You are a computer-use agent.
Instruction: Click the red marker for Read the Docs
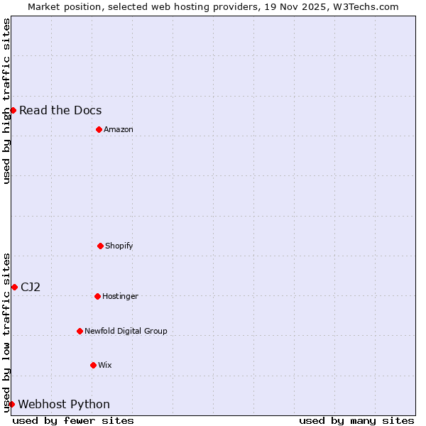pos(13,110)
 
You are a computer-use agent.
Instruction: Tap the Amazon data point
pos(99,129)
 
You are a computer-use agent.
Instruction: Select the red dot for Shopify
pos(100,246)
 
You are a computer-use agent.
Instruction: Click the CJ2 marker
pos(14,287)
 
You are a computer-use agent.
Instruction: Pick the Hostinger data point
pos(97,296)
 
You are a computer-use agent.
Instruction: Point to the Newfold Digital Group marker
pos(80,331)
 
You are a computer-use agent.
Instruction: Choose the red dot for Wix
pos(93,365)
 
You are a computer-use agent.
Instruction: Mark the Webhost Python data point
pos(11,404)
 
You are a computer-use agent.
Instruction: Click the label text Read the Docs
pos(60,110)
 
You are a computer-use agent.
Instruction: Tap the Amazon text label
pos(119,129)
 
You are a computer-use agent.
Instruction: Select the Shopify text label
pos(119,246)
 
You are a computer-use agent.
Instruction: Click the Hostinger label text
pos(120,296)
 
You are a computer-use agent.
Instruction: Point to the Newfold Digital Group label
pos(126,331)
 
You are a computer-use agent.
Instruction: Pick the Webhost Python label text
pos(64,405)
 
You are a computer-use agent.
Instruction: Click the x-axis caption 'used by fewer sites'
pos(73,420)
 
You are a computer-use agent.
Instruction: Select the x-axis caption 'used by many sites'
pos(356,420)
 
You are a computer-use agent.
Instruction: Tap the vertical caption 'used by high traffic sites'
pos(6,101)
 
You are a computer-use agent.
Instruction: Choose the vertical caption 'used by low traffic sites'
pos(6,332)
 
